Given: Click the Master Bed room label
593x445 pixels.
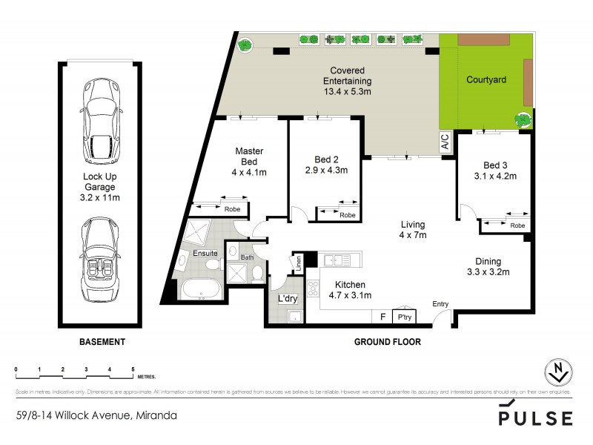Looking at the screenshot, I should tap(249, 156).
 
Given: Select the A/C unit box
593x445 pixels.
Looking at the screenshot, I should tap(445, 141).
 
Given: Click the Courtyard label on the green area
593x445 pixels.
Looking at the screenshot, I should tap(485, 79).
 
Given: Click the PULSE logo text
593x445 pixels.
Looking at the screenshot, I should tap(534, 418).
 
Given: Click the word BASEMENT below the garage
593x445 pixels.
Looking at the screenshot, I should tap(102, 343).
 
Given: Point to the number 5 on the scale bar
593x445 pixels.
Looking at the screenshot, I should tap(133, 369).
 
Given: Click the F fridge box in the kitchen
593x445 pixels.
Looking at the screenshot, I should tap(382, 316).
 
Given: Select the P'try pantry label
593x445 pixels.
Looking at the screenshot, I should tap(405, 316).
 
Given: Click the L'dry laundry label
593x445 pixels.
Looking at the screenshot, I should tap(288, 300).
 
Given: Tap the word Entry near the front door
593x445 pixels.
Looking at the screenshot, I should tap(442, 303).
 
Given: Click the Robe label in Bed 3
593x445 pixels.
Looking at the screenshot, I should tap(517, 225).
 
